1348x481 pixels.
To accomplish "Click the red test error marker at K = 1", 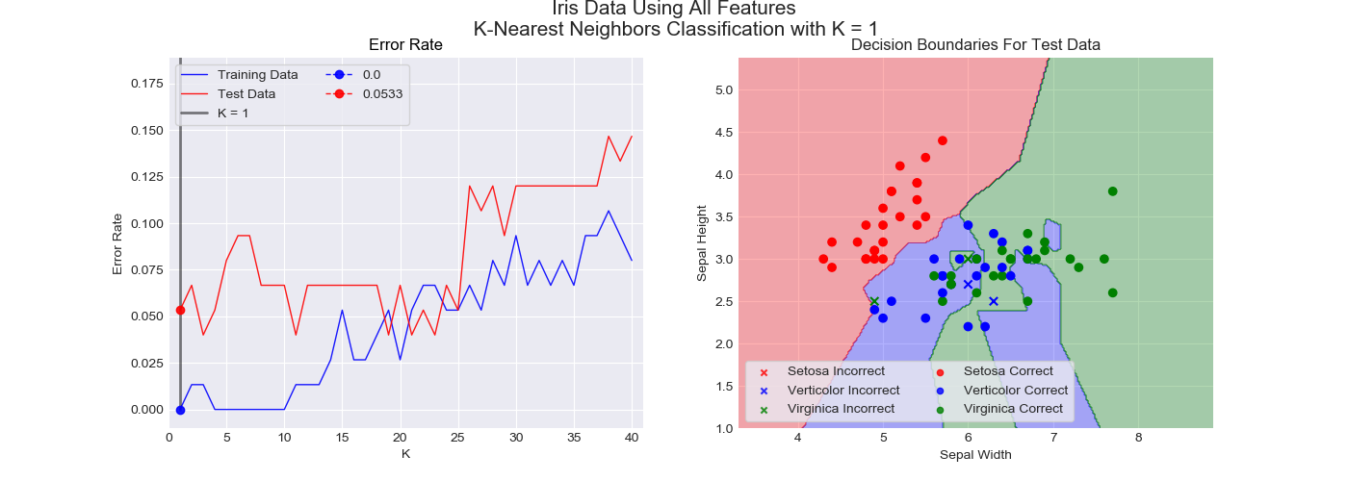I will (180, 310).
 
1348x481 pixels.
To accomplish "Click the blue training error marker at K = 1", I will (180, 410).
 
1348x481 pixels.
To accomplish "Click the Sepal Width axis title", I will (975, 455).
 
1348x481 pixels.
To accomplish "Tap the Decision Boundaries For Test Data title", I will (975, 45).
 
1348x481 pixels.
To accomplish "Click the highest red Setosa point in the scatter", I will (943, 140).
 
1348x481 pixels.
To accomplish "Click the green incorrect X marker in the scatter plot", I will (874, 301).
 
